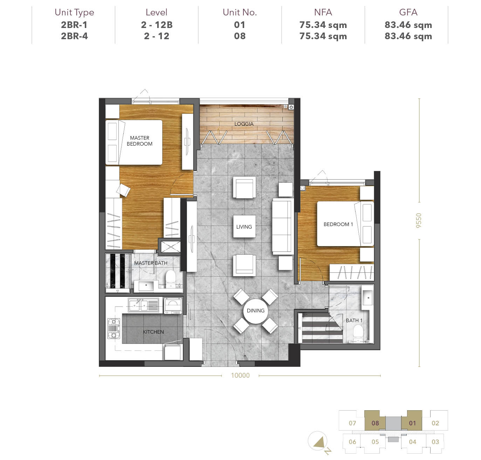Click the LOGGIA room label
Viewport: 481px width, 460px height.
tap(244, 124)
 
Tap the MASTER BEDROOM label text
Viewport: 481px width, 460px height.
tap(140, 141)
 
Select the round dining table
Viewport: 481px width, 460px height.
tap(256, 311)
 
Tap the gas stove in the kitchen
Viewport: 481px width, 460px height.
tap(114, 328)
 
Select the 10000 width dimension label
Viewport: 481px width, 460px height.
tap(240, 375)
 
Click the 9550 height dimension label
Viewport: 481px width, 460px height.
tap(418, 220)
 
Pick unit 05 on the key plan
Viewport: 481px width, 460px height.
tap(375, 442)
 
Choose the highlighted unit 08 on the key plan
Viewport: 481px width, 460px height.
tap(375, 423)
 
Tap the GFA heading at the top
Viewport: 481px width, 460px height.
tap(408, 12)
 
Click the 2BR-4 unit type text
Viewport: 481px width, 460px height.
tap(74, 36)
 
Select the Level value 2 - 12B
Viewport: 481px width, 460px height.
tap(157, 25)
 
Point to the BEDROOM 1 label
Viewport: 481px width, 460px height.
tap(338, 224)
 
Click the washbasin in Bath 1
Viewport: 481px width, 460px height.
tap(367, 298)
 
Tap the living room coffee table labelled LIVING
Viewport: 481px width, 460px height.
tap(244, 226)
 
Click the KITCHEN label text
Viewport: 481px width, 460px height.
tap(153, 332)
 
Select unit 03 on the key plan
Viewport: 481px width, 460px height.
tap(435, 442)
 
